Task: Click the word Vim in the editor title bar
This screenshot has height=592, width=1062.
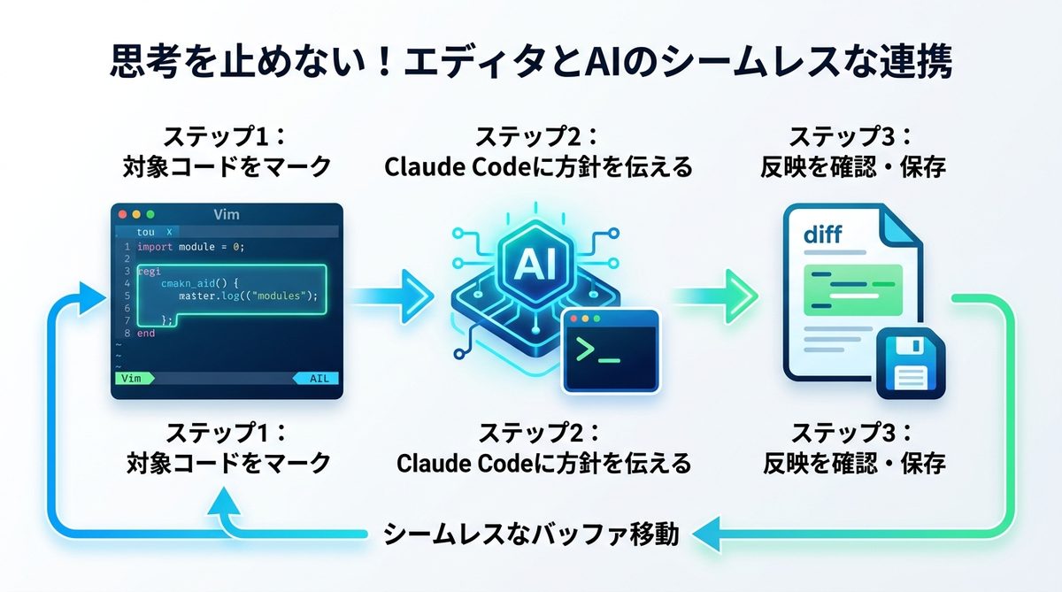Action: click(227, 214)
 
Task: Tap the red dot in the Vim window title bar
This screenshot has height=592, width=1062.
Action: click(121, 214)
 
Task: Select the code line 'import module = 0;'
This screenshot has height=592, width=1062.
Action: click(190, 247)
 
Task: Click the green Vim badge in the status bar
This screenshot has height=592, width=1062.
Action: click(133, 378)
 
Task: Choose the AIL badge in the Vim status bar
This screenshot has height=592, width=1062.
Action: click(317, 378)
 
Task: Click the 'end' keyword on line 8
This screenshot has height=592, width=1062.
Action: click(145, 333)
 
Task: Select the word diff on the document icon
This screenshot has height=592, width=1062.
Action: click(822, 234)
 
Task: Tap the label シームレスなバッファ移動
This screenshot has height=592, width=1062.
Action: click(532, 534)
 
